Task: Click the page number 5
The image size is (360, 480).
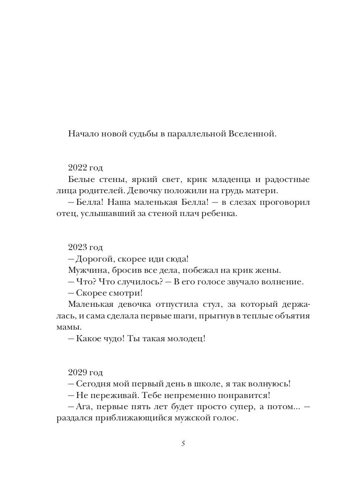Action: point(183,444)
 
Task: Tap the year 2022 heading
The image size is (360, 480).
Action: point(85,168)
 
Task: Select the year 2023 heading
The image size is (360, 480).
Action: point(85,247)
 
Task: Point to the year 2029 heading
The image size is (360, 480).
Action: point(85,372)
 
